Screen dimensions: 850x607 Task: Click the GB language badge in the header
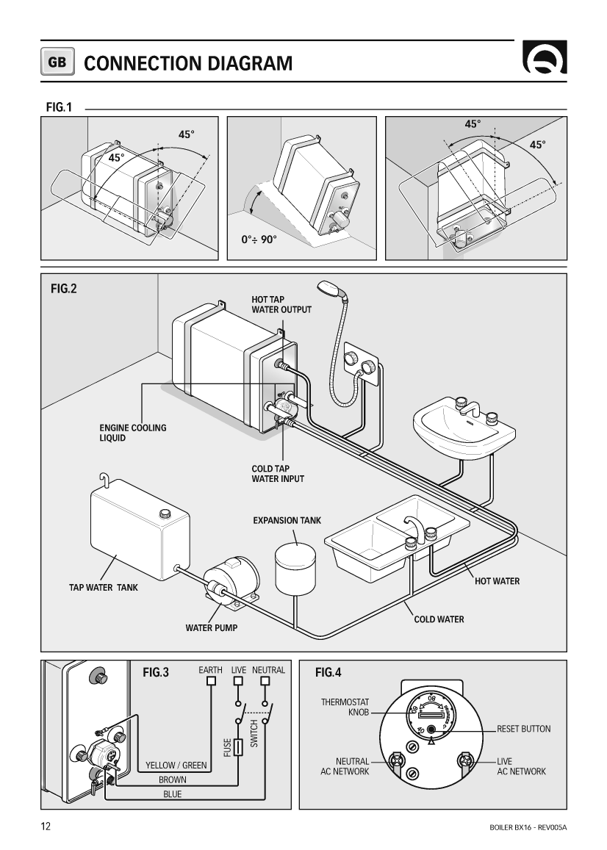pos(57,63)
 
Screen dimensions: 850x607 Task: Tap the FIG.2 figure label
pos(64,289)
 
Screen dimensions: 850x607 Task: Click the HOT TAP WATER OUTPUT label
pos(281,304)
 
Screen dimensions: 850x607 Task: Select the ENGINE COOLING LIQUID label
pos(133,433)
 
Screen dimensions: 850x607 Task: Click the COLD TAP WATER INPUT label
pos(278,473)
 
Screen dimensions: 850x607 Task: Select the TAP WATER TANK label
pos(103,588)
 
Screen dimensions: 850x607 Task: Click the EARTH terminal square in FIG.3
pos(211,681)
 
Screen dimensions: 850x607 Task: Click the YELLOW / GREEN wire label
pos(176,766)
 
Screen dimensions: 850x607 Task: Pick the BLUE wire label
pos(172,794)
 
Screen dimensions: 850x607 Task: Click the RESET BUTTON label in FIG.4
pos(523,729)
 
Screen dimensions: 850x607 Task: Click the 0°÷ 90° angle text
pos(259,239)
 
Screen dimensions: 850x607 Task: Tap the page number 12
pos(46,826)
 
